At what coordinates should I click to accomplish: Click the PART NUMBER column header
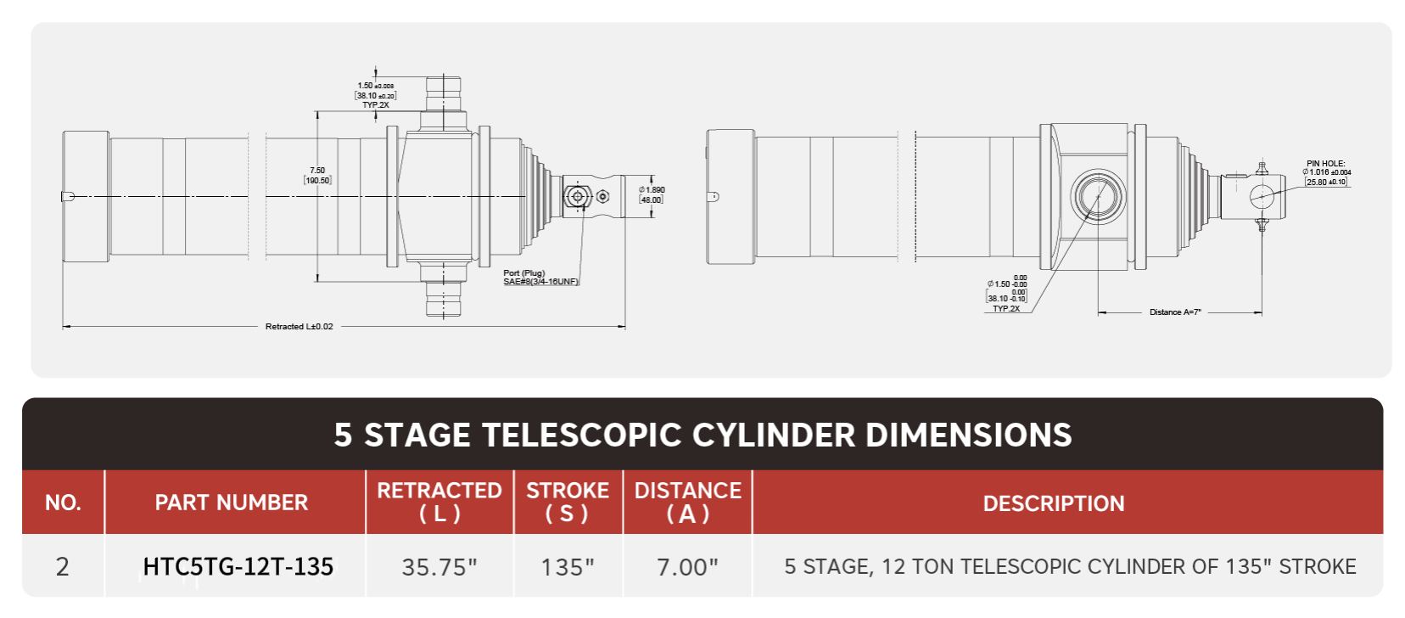pyautogui.click(x=231, y=503)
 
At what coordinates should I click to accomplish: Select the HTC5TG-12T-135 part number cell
pyautogui.click(x=238, y=566)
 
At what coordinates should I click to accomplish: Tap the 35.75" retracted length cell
pyautogui.click(x=439, y=566)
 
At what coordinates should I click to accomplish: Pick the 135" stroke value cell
pyautogui.click(x=568, y=566)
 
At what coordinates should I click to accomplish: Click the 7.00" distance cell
pyautogui.click(x=687, y=566)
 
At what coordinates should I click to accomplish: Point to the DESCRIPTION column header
pyautogui.click(x=1053, y=503)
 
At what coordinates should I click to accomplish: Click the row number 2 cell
pyautogui.click(x=62, y=566)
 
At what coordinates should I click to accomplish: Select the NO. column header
pyautogui.click(x=63, y=503)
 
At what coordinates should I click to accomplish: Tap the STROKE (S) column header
pyautogui.click(x=568, y=502)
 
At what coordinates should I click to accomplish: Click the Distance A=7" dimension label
pyautogui.click(x=1175, y=312)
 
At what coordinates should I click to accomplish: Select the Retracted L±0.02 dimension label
pyautogui.click(x=299, y=326)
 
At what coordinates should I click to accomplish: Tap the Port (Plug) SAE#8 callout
pyautogui.click(x=540, y=278)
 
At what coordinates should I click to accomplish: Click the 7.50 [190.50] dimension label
pyautogui.click(x=317, y=176)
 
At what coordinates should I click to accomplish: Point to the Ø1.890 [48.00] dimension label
pyautogui.click(x=652, y=194)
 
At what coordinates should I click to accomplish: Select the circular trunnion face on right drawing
pyautogui.click(x=1098, y=196)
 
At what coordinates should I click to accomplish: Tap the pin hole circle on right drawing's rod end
pyautogui.click(x=1262, y=196)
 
